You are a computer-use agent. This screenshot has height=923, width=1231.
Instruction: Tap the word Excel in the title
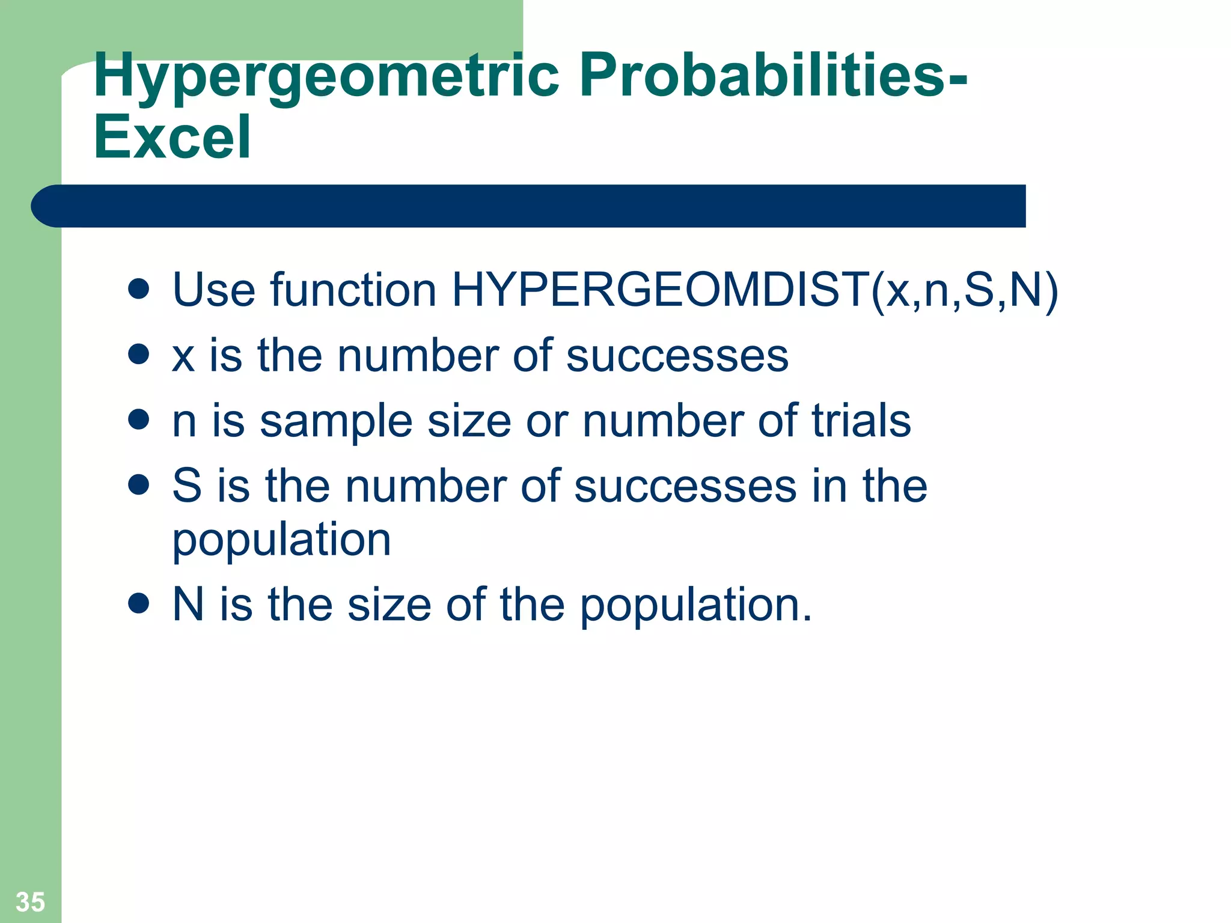172,138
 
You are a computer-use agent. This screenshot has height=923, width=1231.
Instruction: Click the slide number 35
30,901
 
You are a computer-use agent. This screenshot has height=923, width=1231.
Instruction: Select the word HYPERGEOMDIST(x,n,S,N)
754,290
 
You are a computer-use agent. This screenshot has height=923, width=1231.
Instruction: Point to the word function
353,290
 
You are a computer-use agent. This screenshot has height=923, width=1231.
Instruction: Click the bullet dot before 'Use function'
139,288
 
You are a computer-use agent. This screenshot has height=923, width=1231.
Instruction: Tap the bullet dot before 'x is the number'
139,354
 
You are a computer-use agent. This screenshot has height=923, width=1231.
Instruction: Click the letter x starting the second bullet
183,356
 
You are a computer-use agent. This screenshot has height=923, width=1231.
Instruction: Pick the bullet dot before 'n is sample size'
139,419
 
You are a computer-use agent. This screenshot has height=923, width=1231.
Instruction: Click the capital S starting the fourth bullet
187,486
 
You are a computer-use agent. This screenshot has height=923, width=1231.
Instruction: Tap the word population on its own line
281,540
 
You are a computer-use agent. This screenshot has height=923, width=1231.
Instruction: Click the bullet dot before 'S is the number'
139,484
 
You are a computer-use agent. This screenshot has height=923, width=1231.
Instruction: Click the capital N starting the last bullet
188,605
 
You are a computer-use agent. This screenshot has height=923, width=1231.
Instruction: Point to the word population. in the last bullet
695,606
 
